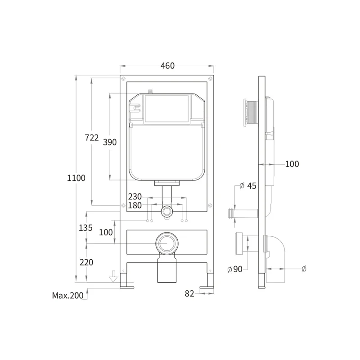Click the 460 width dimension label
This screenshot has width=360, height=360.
[167, 66]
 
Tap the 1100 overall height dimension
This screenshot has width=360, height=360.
[76, 178]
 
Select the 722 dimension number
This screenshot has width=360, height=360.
[92, 138]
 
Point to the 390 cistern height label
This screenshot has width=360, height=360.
[110, 142]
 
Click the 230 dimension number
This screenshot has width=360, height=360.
[135, 197]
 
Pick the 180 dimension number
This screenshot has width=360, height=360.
[135, 205]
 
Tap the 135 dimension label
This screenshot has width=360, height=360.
[85, 228]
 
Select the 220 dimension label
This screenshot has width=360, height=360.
[86, 262]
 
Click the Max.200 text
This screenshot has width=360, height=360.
[68, 296]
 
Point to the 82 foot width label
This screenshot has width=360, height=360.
[189, 294]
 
